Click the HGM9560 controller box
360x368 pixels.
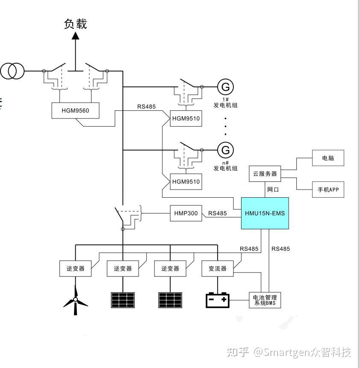pos(75,110)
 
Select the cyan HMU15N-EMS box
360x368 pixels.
pos(265,213)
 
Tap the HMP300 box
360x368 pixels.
pos(186,213)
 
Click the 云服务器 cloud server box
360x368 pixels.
pos(265,174)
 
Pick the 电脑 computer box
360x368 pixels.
pos(328,158)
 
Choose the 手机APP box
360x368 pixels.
pos(328,190)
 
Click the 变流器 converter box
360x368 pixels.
pos(218,269)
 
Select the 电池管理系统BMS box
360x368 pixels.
pos(265,300)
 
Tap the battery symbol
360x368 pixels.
pos(218,300)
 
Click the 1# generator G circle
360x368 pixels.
pos(225,87)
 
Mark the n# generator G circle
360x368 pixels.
pos(225,150)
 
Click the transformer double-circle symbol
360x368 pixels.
pos(12,71)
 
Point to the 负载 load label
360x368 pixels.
pos(76,24)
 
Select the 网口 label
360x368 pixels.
pos(273,190)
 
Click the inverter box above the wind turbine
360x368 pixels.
pos(76,269)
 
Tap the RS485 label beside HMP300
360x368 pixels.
pos(218,213)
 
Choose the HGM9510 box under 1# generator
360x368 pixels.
pos(186,119)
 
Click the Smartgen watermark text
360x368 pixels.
pos(289,352)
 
